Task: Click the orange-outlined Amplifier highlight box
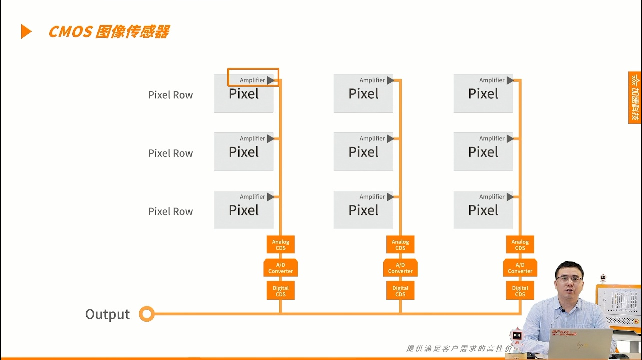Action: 253,78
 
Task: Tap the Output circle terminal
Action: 147,314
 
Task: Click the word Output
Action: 107,314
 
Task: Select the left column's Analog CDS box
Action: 280,245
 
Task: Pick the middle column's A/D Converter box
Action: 400,268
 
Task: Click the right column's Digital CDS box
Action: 520,291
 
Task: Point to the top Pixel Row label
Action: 170,95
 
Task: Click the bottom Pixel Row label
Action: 170,211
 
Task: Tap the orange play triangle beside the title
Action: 26,32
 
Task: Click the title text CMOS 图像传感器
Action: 109,32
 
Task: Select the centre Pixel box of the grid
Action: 363,152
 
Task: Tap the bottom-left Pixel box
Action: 244,211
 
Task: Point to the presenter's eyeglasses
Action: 569,280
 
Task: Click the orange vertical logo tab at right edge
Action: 635,97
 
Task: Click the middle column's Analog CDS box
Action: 400,245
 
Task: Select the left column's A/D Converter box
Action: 280,268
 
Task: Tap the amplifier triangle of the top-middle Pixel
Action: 390,80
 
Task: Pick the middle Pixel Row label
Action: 170,153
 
